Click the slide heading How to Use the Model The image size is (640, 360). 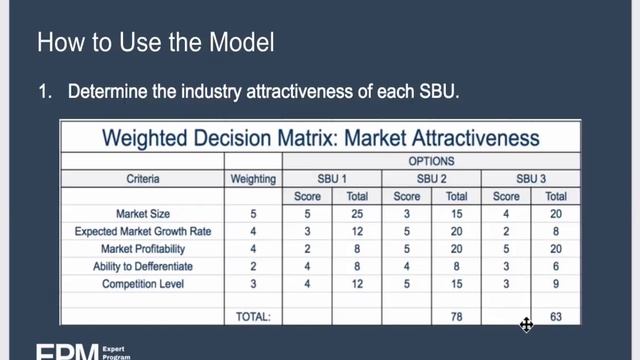click(x=155, y=44)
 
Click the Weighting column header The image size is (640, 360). click(x=254, y=179)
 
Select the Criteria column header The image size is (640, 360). click(x=143, y=179)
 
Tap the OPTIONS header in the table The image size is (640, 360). click(x=432, y=161)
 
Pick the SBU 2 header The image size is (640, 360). click(x=432, y=179)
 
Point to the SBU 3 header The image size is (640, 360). click(x=530, y=179)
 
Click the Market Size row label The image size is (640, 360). click(x=143, y=214)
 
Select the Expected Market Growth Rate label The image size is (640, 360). click(x=143, y=231)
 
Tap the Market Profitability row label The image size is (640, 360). click(x=143, y=249)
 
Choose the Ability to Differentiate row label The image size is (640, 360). click(x=143, y=267)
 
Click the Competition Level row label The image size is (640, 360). click(x=143, y=285)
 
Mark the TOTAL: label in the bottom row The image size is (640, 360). click(x=254, y=316)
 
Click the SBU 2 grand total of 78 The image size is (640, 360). click(x=456, y=316)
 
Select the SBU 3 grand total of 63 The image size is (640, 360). click(x=556, y=316)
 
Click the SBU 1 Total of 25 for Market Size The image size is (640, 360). click(x=356, y=214)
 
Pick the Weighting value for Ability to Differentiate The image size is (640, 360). click(x=254, y=267)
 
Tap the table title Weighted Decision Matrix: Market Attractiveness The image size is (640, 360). click(x=320, y=137)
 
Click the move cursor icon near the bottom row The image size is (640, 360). click(x=526, y=324)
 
